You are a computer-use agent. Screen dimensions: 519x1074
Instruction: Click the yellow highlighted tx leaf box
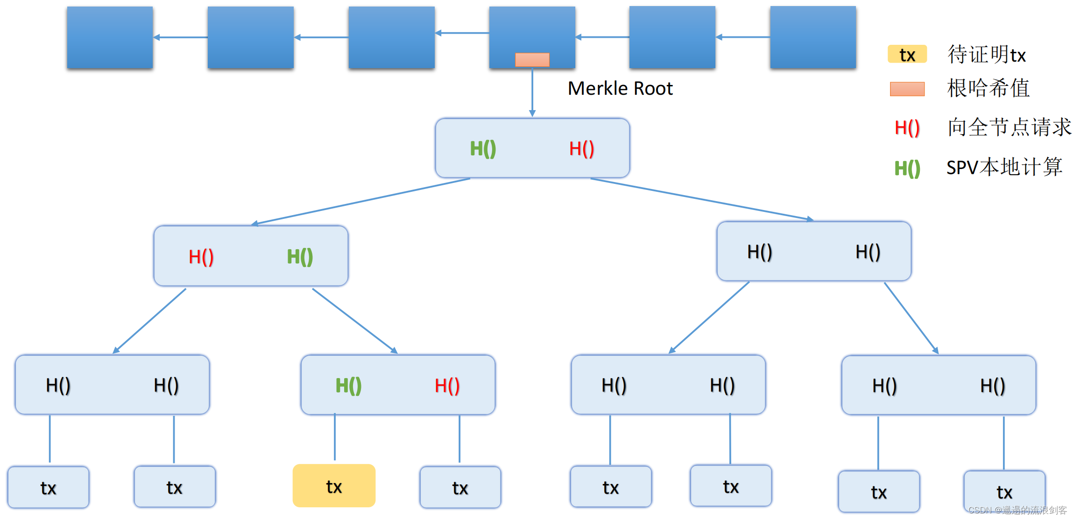(334, 486)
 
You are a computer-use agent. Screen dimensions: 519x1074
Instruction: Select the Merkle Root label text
(620, 88)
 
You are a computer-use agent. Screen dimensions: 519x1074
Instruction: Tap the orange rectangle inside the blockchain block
(532, 60)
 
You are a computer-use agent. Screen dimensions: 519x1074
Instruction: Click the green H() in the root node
(482, 149)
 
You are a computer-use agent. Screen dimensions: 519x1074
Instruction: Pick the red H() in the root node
(581, 149)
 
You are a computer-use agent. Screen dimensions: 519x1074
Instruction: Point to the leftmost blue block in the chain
(110, 37)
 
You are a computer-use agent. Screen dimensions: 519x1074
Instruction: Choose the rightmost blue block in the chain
(813, 37)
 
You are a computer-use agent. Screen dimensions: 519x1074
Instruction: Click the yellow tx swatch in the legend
(907, 55)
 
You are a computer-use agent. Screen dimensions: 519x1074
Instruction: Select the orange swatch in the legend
(907, 89)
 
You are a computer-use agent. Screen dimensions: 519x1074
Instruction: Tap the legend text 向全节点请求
(1009, 127)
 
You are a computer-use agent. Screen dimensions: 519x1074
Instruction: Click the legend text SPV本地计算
(1004, 167)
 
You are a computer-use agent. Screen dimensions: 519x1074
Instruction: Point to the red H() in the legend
(907, 127)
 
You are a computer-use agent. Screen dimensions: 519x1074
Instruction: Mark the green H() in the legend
(907, 168)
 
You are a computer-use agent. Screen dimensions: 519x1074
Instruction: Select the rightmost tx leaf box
(1004, 491)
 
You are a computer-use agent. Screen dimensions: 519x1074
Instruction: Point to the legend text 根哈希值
(988, 88)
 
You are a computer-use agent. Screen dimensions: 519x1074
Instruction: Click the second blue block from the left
(250, 37)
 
